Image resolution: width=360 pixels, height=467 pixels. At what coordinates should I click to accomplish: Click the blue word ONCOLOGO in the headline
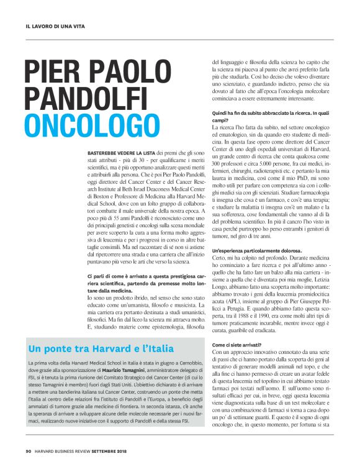click(84, 124)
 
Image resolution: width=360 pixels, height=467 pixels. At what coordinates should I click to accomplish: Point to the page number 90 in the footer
click(29, 451)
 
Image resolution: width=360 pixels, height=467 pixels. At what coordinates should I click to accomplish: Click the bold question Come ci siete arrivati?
click(237, 343)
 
